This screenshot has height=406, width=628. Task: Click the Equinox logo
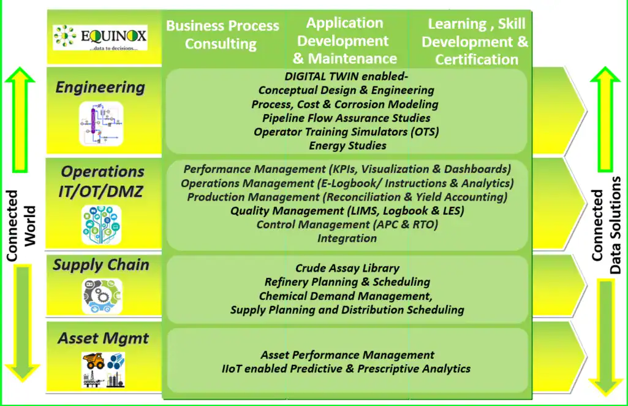coord(100,37)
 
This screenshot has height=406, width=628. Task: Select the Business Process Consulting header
coord(222,34)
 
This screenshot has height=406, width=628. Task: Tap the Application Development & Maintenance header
coord(344,40)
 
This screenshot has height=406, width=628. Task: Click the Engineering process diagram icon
coord(101,123)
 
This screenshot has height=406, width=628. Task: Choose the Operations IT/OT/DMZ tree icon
coord(101,225)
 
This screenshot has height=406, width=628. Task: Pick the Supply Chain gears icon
coord(102,296)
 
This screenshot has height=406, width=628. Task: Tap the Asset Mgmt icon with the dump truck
coord(104,370)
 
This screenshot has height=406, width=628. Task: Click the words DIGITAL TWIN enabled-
coord(346,76)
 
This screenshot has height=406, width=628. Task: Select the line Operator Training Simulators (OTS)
coord(346,131)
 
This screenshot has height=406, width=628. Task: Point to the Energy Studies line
coord(347,145)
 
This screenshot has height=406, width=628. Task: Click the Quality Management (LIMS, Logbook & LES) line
coord(347,210)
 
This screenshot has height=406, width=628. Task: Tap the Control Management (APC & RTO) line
coord(347,224)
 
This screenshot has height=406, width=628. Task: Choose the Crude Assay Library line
coord(347,268)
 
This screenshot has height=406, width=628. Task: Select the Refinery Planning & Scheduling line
coord(347,282)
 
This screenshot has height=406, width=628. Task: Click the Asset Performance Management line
coord(347,354)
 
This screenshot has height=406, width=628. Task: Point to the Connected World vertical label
coord(21,226)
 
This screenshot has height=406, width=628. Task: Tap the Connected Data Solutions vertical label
coord(606,225)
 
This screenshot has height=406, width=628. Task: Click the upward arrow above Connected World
coord(20,120)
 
